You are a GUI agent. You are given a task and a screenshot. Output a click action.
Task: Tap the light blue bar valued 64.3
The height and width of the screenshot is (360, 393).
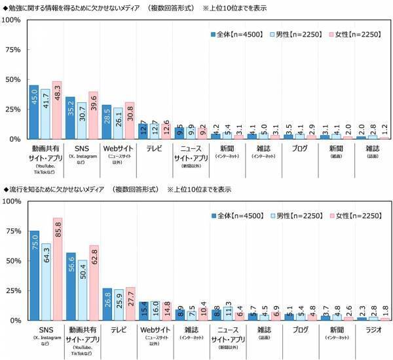[x=45, y=282]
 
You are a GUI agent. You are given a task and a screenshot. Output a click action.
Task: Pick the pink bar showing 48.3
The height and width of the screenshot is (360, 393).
[x=57, y=110]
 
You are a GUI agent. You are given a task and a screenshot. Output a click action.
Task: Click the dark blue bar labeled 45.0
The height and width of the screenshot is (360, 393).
[x=34, y=112]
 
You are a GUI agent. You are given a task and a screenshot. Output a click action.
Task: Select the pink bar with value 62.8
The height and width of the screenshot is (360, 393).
[x=94, y=283]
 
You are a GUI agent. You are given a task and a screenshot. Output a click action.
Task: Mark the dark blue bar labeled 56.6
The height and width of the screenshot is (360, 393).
[x=70, y=287]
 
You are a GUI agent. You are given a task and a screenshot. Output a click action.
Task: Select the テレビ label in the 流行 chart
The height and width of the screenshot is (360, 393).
[x=119, y=330]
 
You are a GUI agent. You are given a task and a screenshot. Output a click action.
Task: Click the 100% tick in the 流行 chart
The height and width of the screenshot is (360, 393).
[x=12, y=201]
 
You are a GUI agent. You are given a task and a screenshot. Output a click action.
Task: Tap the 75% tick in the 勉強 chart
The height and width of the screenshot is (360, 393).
[x=14, y=50]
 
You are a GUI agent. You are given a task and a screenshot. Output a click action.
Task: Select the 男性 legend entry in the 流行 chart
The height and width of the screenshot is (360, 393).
[x=295, y=214]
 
